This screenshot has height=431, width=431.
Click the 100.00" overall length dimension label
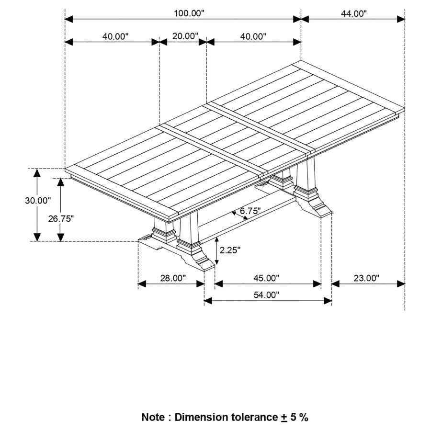(189, 13)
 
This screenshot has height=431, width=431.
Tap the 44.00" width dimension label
(353, 13)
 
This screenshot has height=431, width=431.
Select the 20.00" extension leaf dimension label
(185, 36)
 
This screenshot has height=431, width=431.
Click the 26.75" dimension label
(61, 219)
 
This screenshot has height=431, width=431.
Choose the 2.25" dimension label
(230, 250)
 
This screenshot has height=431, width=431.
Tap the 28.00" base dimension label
(172, 278)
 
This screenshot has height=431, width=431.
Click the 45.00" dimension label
(266, 278)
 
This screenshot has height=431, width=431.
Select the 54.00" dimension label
(266, 295)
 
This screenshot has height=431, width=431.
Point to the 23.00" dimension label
(366, 278)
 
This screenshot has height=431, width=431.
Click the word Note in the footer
(153, 417)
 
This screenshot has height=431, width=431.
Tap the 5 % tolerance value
(299, 417)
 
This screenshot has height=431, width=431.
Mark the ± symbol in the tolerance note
(284, 418)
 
